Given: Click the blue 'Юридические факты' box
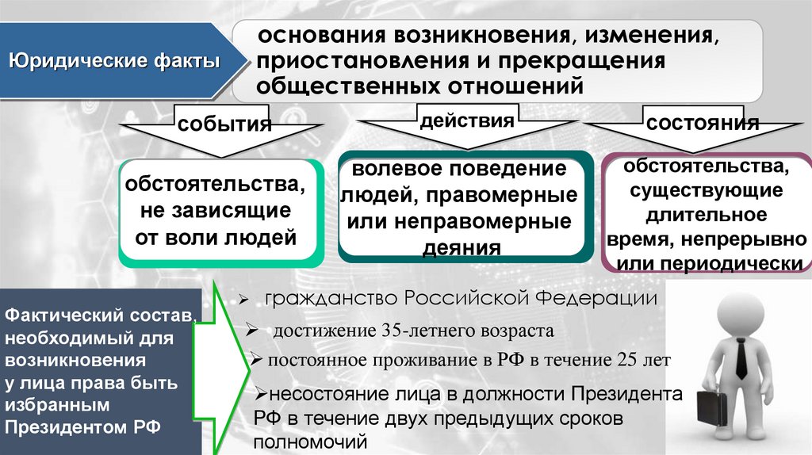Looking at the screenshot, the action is tap(114, 61).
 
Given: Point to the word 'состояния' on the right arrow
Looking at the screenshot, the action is tap(703, 124).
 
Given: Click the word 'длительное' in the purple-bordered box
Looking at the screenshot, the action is tap(706, 215).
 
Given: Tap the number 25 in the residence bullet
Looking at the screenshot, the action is tap(626, 360).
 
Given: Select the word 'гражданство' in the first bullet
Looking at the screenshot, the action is tap(333, 300).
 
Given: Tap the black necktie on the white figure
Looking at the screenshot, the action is tap(740, 356).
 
